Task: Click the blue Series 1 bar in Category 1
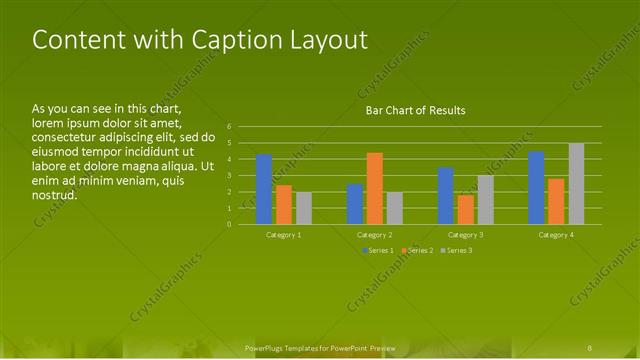click(264, 190)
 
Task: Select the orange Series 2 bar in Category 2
click(375, 188)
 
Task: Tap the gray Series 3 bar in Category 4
click(576, 184)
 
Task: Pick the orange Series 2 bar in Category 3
click(465, 209)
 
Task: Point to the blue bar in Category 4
click(536, 188)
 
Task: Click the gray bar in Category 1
click(303, 208)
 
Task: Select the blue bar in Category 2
click(355, 204)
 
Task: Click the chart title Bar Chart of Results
click(415, 110)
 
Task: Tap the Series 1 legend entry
click(375, 250)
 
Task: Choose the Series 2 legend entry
click(416, 250)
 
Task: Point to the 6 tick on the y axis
click(229, 127)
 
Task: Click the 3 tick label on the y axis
click(229, 176)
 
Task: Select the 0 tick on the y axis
click(229, 224)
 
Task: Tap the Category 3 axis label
click(465, 235)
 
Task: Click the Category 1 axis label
click(284, 235)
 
